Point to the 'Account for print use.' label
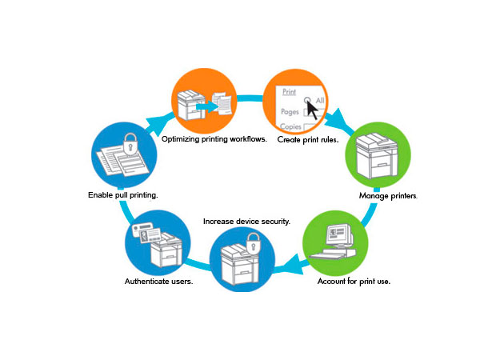(355, 282)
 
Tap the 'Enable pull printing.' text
(122, 194)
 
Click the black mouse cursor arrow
(311, 109)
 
